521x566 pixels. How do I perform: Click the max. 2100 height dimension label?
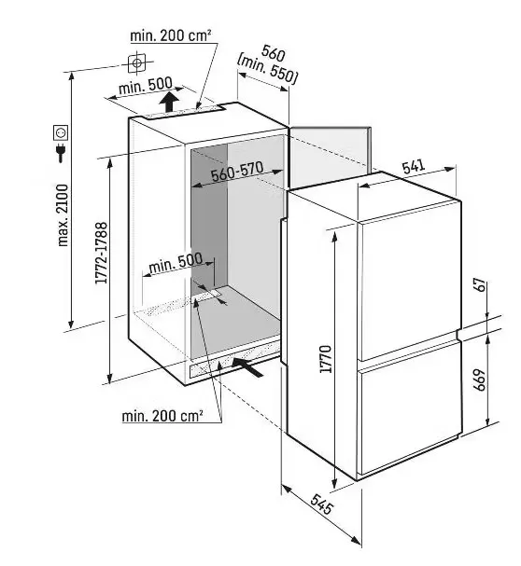[x=63, y=215]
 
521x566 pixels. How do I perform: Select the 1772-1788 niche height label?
[x=101, y=253]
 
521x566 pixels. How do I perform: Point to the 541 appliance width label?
[x=413, y=166]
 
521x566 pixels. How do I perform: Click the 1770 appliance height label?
[x=326, y=359]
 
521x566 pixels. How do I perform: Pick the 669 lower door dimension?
[x=480, y=380]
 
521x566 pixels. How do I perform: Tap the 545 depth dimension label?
[x=321, y=504]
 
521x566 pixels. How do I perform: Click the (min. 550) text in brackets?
[x=267, y=71]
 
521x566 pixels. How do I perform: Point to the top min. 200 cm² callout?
[x=171, y=35]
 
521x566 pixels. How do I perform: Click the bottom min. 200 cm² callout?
[x=162, y=416]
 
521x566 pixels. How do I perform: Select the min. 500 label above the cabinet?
[x=146, y=86]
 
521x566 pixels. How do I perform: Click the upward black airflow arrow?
[x=168, y=102]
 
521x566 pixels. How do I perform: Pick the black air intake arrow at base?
[x=248, y=366]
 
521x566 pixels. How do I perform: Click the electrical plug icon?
[x=61, y=153]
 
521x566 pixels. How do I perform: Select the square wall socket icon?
[x=61, y=132]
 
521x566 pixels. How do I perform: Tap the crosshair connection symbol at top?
[x=137, y=63]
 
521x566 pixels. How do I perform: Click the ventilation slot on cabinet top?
[x=183, y=112]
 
